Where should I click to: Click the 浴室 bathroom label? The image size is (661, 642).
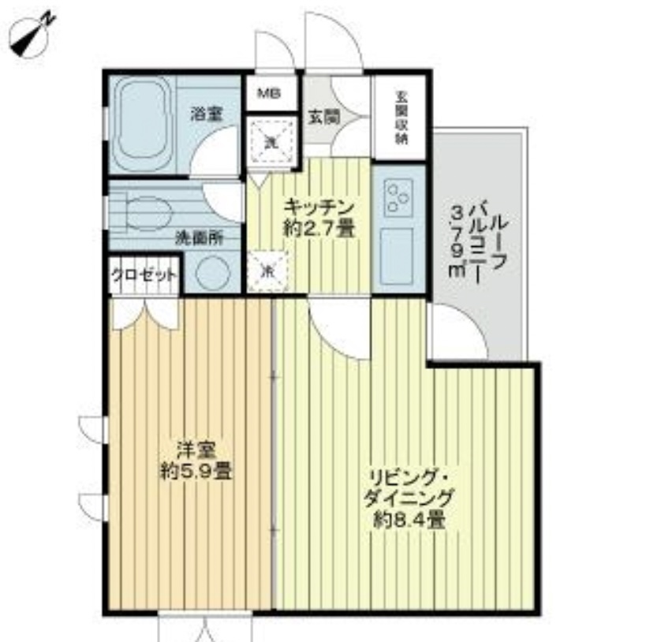point(206,114)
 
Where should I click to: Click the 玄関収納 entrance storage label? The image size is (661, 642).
point(401,117)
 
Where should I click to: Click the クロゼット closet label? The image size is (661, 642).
point(144,275)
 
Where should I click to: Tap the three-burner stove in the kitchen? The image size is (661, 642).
point(398,197)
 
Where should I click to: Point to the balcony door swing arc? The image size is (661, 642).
point(457,331)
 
